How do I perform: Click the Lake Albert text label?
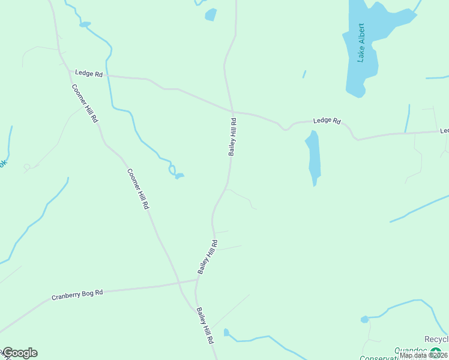(361, 43)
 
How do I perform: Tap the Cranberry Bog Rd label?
(77, 295)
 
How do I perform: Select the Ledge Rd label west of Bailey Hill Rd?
(89, 73)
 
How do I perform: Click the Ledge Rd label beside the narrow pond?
(327, 121)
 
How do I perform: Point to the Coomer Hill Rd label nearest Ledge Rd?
(85, 103)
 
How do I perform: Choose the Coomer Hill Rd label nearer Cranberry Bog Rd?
(138, 188)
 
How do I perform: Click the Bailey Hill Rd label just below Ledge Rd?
(233, 137)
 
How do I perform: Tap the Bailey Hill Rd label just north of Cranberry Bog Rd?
(208, 257)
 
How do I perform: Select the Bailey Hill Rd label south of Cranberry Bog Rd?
(205, 325)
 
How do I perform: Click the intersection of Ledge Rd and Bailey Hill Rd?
(232, 112)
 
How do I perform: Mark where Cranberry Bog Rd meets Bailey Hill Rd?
(197, 280)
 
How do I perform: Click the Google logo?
(20, 353)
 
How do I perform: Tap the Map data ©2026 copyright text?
(423, 355)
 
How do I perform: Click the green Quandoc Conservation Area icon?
(435, 352)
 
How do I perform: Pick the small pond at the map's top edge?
(210, 14)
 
